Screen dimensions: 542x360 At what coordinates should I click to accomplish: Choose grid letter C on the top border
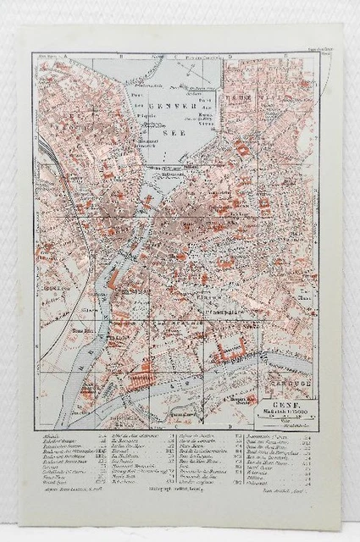tap(175, 58)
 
